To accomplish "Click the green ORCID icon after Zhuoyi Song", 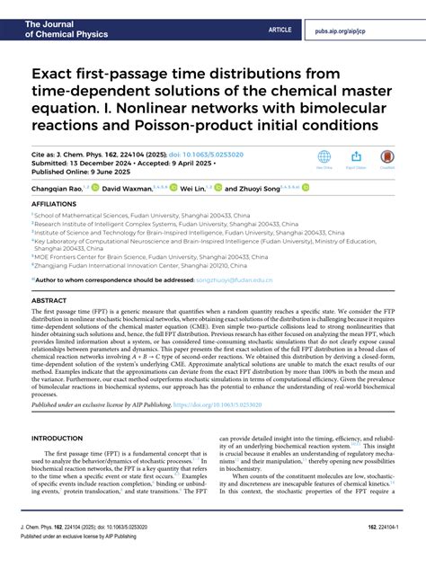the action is (x=305, y=189).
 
